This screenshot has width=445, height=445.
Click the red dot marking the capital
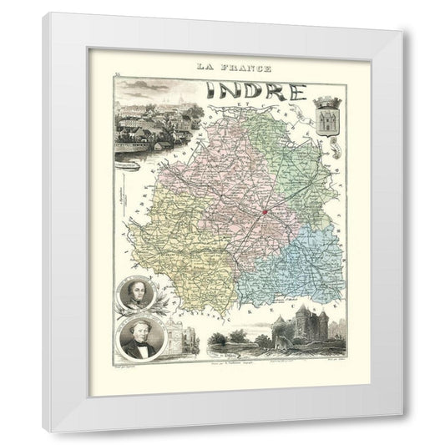(x=263, y=212)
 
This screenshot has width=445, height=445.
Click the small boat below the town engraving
(x=134, y=165)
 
